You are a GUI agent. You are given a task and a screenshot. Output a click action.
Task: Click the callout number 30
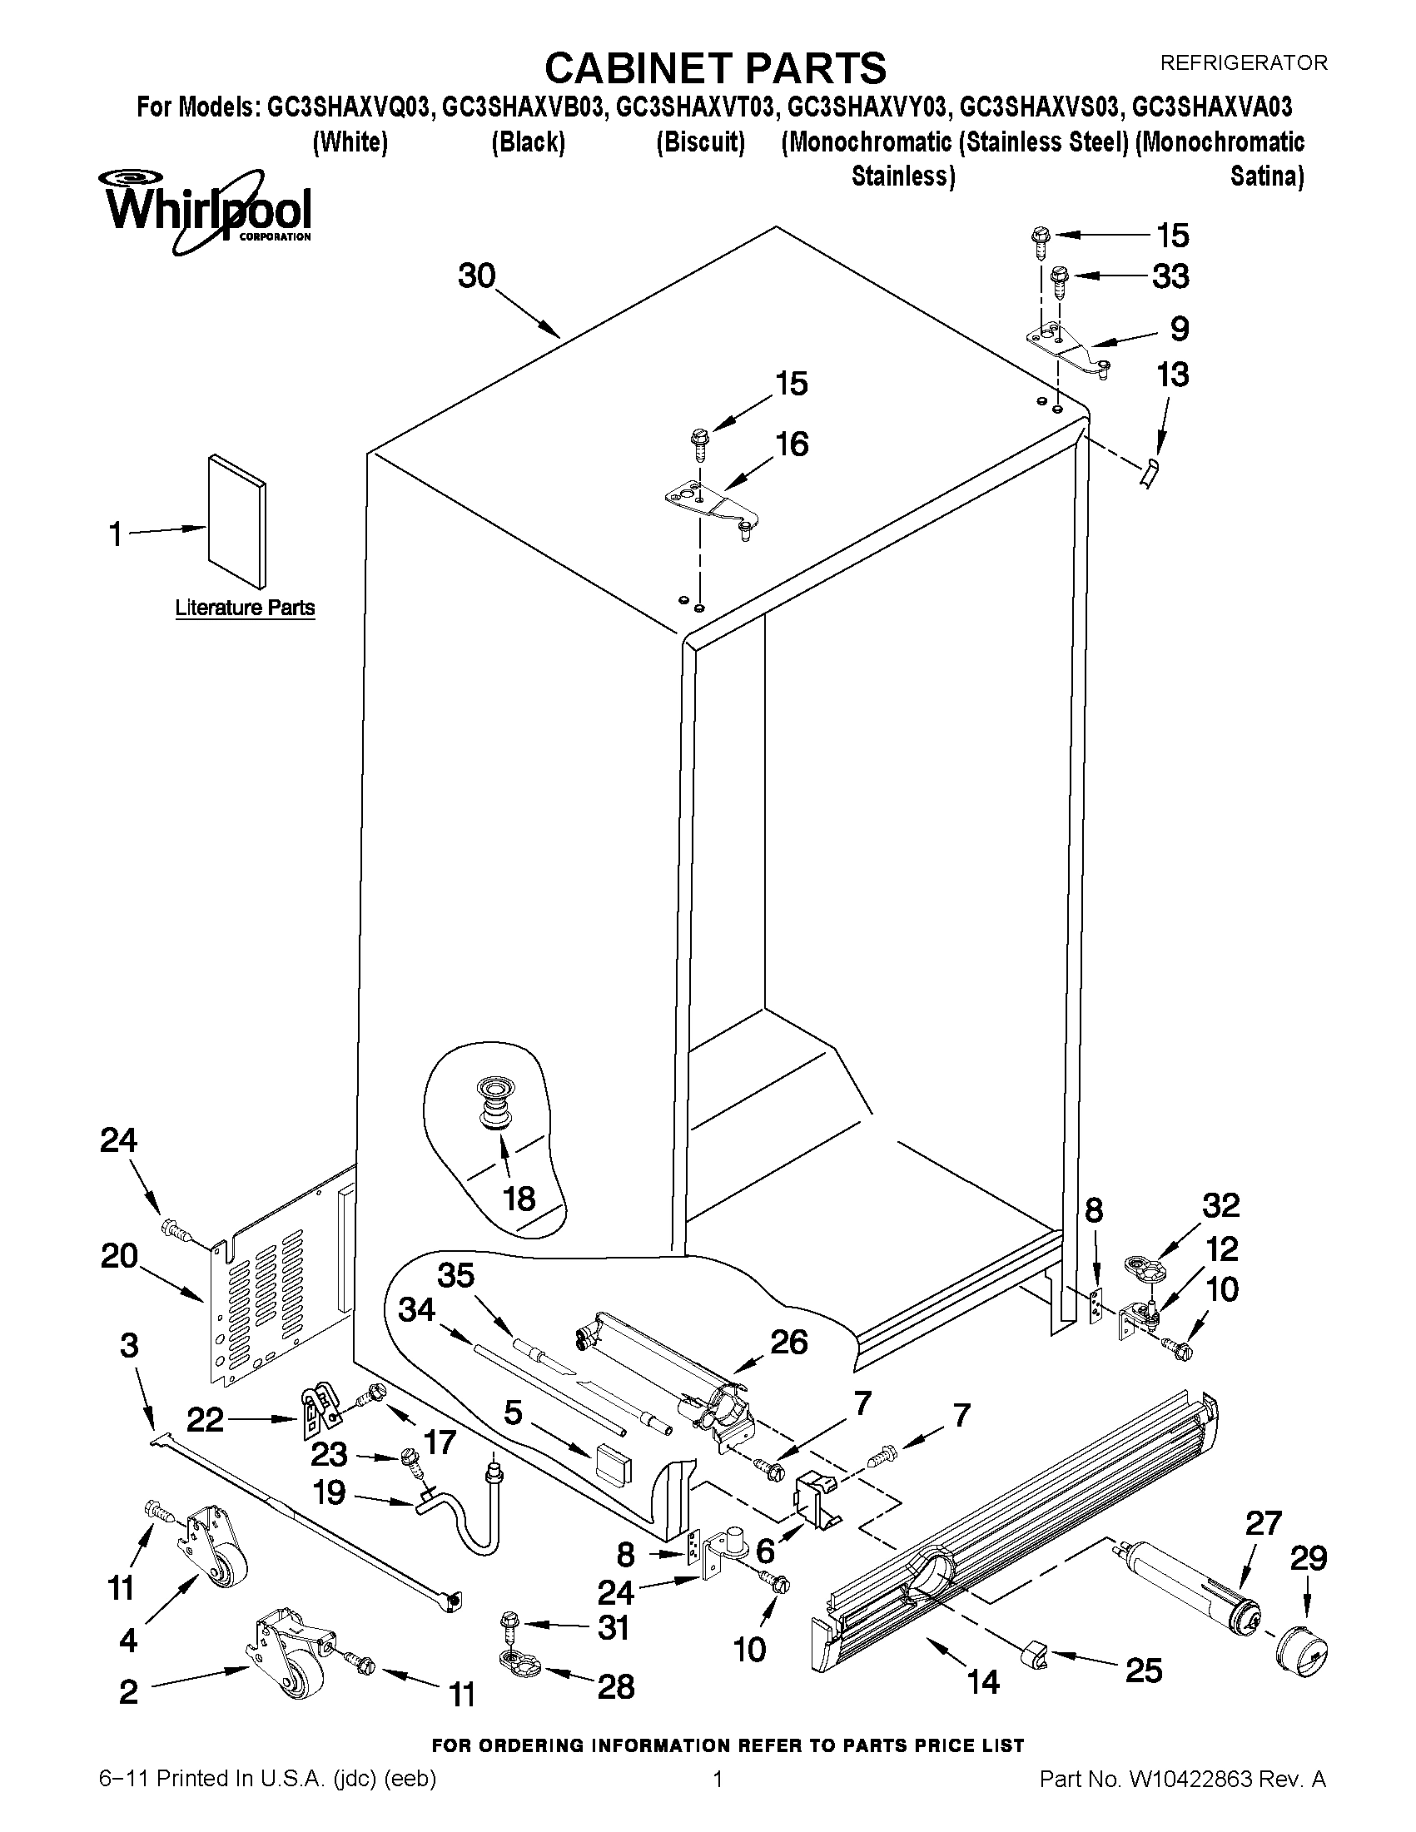[476, 276]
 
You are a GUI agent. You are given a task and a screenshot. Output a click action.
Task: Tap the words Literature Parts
[245, 608]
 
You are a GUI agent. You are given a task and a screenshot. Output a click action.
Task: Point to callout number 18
[519, 1198]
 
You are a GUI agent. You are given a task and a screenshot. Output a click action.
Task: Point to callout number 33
[1170, 277]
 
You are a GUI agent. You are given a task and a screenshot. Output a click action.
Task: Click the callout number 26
[789, 1342]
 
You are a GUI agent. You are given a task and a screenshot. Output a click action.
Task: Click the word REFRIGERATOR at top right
[1243, 62]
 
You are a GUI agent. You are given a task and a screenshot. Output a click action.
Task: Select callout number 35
[456, 1275]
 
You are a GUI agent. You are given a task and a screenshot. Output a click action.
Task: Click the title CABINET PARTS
[715, 67]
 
